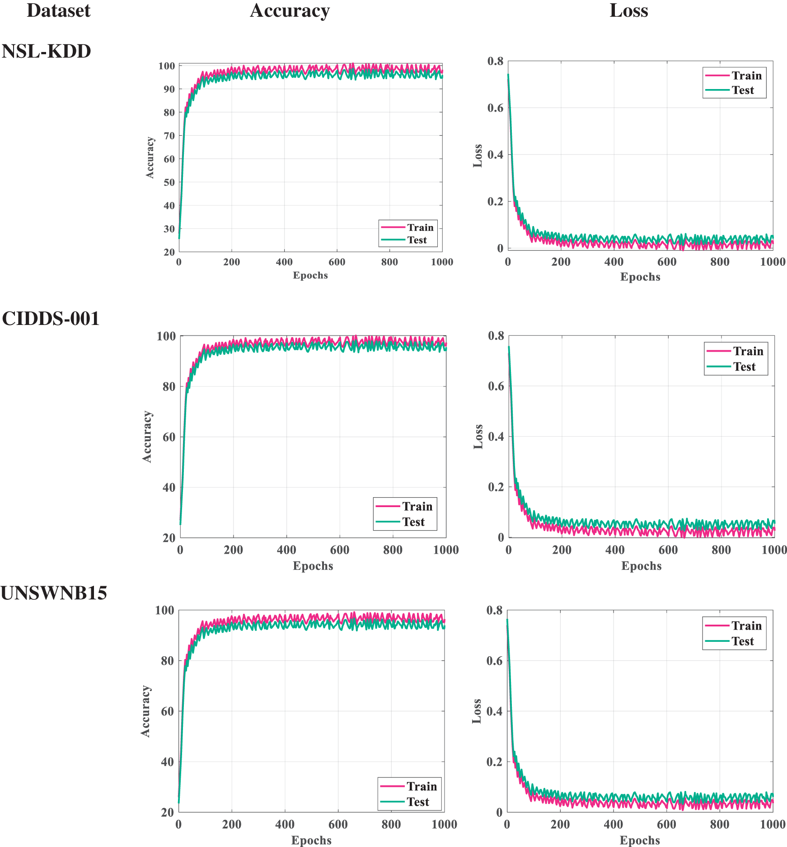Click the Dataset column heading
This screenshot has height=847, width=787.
[58, 11]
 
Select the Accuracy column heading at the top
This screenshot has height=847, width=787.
[290, 11]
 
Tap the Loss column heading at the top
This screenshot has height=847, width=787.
[628, 11]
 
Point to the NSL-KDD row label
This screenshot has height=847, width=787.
[46, 52]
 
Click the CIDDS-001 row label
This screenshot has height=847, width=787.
[51, 319]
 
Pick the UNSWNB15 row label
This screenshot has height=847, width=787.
[54, 593]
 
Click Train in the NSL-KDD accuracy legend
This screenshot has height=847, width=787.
[420, 227]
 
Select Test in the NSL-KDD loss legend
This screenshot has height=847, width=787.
[743, 90]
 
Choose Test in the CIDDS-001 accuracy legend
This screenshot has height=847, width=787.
[413, 522]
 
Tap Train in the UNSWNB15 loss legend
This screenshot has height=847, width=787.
[746, 626]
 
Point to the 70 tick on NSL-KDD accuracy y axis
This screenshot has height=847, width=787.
[169, 136]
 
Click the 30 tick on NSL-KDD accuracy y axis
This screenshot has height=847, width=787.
[169, 229]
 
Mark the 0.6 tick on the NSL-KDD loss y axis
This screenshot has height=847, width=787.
[495, 108]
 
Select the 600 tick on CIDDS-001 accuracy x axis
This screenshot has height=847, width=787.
[339, 550]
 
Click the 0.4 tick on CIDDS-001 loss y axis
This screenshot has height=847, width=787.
[496, 437]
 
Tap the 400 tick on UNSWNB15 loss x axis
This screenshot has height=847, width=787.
[613, 825]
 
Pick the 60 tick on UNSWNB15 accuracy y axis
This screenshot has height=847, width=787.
[167, 711]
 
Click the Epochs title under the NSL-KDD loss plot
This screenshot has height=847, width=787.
[640, 277]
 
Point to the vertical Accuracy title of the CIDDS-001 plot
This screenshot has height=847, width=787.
[147, 437]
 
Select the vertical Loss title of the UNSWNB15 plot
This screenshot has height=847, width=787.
[477, 711]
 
